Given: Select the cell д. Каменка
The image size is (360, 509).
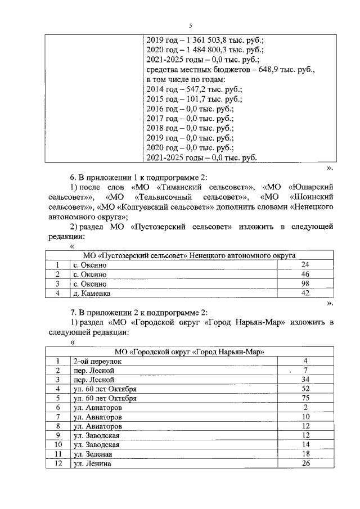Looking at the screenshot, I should [x=92, y=293].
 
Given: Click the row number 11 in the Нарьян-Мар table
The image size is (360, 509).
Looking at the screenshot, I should [x=57, y=454].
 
